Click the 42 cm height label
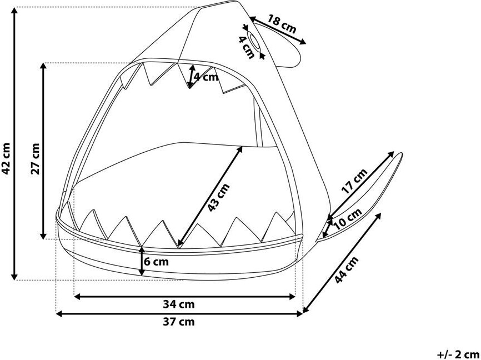coord(7,158)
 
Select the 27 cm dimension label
coord(35,159)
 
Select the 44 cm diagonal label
coord(347,271)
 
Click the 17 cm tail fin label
coord(354,181)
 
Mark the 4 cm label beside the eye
coord(245,47)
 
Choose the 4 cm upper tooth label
coord(206,77)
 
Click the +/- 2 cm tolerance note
coord(458,353)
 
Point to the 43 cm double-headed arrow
coord(210,196)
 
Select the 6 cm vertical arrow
coord(143,261)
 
